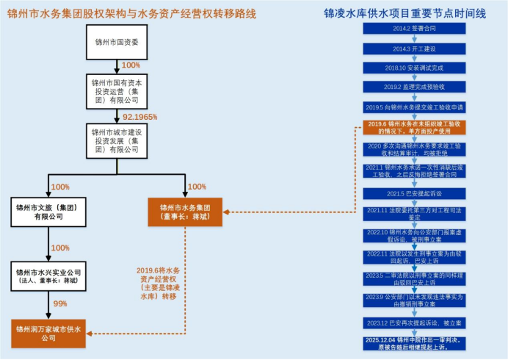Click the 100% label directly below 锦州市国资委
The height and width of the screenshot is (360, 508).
(131, 65)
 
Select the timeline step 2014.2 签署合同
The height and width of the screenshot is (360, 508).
(414, 29)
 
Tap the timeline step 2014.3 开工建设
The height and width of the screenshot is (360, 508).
(414, 48)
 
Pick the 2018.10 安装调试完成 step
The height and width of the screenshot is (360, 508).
(414, 68)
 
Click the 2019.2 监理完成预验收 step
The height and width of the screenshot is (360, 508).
(414, 87)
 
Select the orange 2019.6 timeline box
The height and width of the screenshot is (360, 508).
(416, 128)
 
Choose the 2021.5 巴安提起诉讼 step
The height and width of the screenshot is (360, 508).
(414, 193)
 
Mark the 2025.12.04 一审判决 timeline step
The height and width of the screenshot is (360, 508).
(416, 343)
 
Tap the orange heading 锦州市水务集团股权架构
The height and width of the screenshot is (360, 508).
(133, 12)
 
